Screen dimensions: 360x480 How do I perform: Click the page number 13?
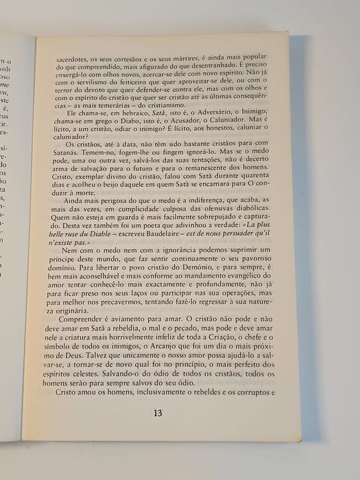(x=158, y=412)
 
